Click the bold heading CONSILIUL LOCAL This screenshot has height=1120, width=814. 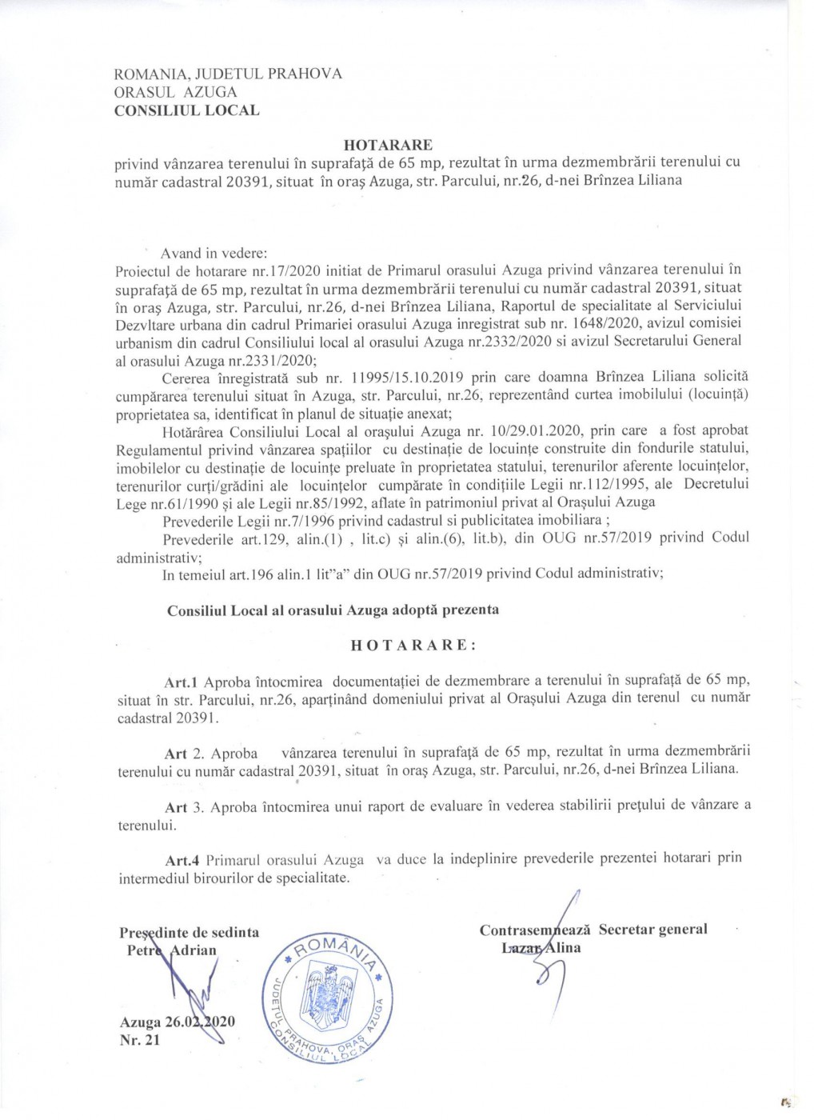(x=187, y=110)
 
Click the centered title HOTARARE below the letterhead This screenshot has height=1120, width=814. (x=388, y=145)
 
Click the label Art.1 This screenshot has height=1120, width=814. (x=181, y=682)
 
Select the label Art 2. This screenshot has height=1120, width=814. (x=176, y=754)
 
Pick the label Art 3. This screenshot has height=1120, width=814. (x=176, y=806)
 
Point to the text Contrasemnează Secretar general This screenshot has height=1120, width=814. (x=593, y=930)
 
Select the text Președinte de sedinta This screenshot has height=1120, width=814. (x=189, y=932)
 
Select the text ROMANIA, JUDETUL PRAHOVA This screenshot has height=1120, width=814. (x=229, y=74)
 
